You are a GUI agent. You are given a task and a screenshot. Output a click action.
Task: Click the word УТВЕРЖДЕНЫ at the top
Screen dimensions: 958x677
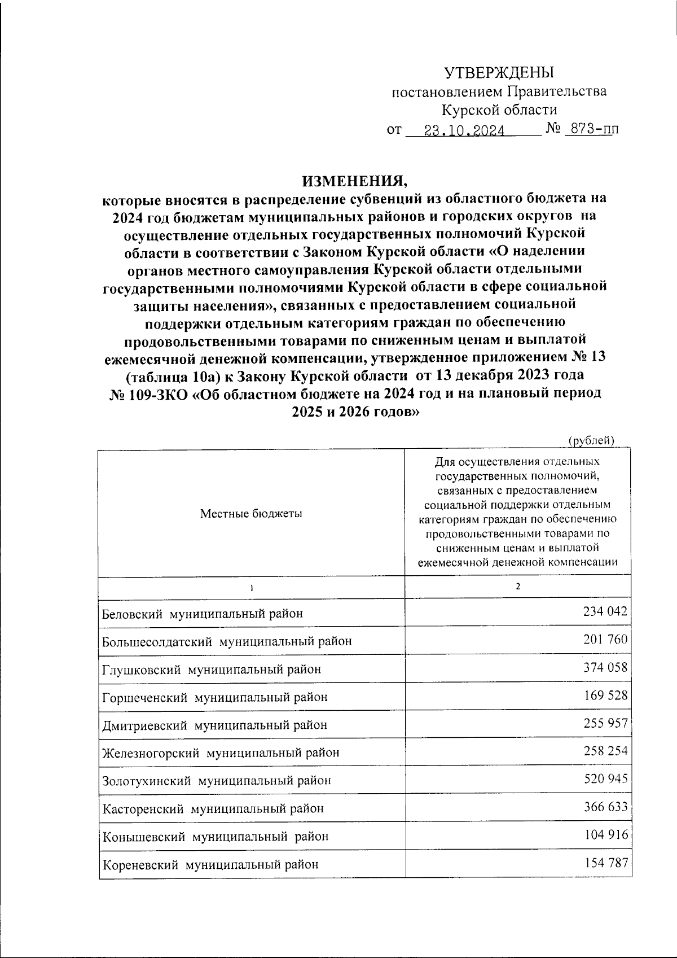click(499, 73)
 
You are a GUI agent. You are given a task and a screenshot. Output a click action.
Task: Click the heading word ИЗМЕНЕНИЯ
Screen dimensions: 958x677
click(354, 182)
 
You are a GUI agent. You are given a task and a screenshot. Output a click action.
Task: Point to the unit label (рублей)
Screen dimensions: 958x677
click(590, 440)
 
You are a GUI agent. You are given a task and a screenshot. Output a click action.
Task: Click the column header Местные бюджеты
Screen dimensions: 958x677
click(251, 514)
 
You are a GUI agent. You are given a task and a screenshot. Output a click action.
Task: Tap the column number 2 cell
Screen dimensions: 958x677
click(517, 587)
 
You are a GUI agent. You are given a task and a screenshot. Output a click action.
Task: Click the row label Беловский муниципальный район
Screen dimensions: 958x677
click(203, 614)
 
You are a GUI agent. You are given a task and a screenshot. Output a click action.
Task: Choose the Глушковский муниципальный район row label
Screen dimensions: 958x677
click(212, 670)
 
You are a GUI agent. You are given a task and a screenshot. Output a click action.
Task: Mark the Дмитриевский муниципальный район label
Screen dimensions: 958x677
click(214, 725)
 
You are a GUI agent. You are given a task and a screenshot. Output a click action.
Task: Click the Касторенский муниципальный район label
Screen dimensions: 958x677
click(213, 808)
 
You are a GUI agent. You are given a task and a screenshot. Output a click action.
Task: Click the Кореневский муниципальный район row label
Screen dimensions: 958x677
click(210, 864)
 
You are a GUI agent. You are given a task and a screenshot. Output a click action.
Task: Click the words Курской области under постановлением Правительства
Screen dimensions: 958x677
click(499, 110)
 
